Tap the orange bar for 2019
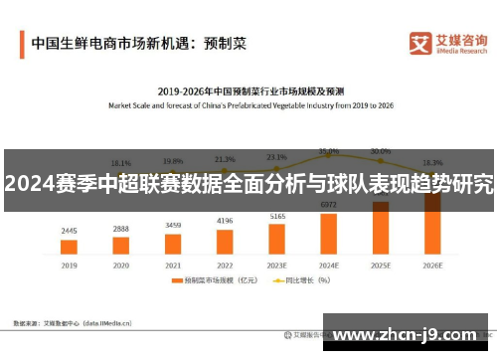69,248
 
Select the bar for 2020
120,246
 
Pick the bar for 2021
173,243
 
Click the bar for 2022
225,240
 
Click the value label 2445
69,231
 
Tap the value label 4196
225,221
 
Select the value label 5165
277,216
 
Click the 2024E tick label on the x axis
328,267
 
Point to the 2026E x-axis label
432,267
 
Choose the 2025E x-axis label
381,267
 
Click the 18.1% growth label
120,163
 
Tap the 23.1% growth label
276,156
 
